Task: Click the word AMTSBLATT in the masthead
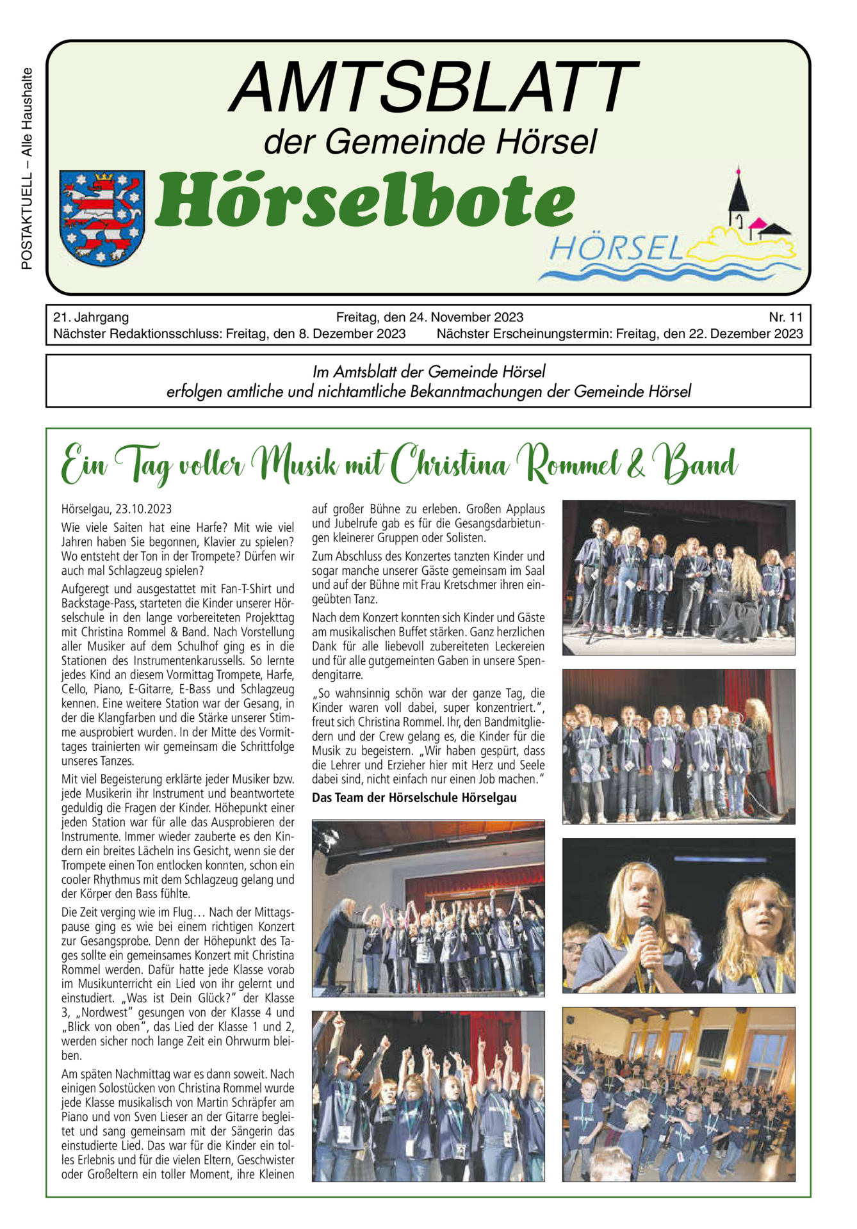click(x=434, y=88)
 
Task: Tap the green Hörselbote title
click(x=365, y=200)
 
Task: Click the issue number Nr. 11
click(x=785, y=317)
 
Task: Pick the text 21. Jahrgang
click(x=91, y=317)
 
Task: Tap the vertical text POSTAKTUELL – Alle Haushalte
click(x=27, y=168)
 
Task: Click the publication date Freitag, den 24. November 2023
click(x=429, y=317)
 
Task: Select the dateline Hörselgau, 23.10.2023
click(x=117, y=509)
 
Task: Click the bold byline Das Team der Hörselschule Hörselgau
click(x=414, y=798)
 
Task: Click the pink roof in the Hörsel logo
click(x=758, y=223)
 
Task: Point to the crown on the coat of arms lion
click(x=103, y=177)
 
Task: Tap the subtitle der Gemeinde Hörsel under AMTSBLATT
click(x=430, y=142)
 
